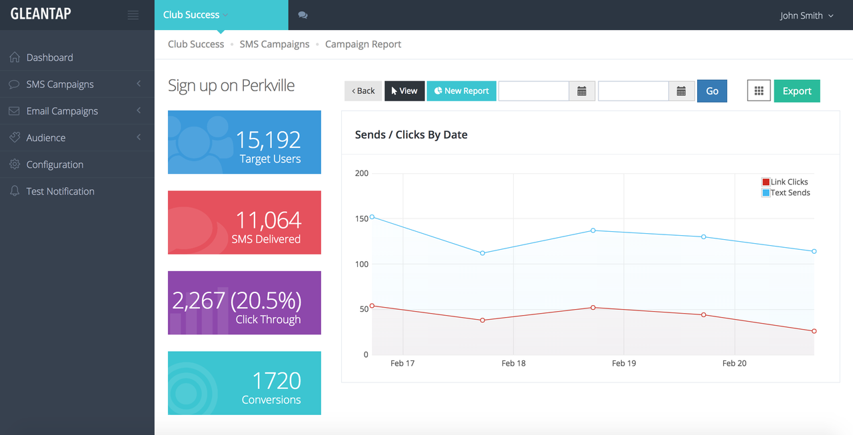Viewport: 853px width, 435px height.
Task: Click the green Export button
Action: pos(796,91)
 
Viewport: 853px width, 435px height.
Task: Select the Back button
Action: pos(363,91)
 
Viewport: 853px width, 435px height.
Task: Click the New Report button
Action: pos(461,91)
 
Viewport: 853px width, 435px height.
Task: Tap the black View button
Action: pos(405,91)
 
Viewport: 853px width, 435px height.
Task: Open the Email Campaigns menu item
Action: pos(62,111)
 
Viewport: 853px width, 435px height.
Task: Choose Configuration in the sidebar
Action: pos(55,165)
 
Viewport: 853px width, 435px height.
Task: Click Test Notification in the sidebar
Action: pos(60,191)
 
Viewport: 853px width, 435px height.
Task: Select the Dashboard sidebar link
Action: pos(49,57)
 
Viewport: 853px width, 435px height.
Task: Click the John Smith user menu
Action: pos(806,15)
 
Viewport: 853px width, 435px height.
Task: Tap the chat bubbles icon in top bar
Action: pos(303,15)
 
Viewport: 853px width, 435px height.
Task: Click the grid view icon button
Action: pos(758,91)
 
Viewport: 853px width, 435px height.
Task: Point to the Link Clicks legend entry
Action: pos(785,182)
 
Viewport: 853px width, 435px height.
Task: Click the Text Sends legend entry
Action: pos(786,193)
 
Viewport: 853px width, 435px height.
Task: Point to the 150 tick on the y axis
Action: pos(362,218)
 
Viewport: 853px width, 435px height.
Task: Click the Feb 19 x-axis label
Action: pos(624,364)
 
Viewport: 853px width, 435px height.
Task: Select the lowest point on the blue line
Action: pos(482,253)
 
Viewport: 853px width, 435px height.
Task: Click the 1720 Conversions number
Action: pos(277,380)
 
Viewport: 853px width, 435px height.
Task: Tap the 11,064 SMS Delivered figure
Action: pos(269,220)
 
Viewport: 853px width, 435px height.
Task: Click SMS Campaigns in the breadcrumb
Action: pos(274,44)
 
